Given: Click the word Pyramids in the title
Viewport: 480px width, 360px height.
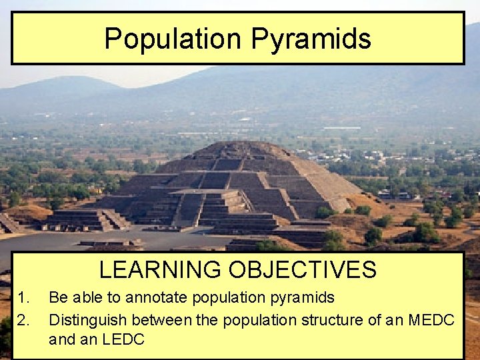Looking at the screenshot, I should point(311,39).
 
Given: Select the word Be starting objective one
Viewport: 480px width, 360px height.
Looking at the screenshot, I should point(57,297).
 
